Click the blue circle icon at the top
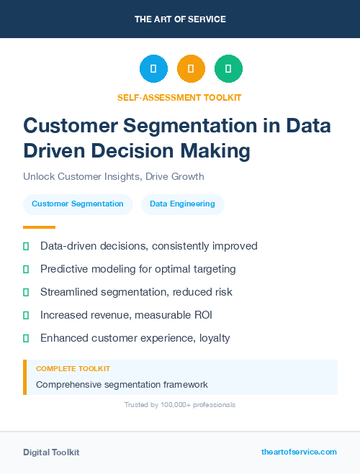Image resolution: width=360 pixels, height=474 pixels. [153, 69]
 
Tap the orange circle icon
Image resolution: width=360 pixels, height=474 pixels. [191, 69]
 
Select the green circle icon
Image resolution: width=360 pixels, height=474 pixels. [228, 69]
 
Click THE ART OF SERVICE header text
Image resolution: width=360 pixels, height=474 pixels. [180, 19]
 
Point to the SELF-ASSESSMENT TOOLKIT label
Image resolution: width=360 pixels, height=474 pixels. [179, 97]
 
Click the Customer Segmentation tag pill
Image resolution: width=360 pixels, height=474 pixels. [78, 204]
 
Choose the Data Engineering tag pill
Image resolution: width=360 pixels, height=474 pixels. [182, 204]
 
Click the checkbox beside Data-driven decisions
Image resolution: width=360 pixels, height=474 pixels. [26, 246]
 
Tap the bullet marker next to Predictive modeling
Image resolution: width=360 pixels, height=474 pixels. [26, 269]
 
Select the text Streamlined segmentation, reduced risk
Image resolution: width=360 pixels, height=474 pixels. [136, 292]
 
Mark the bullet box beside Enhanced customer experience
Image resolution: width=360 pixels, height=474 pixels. [26, 338]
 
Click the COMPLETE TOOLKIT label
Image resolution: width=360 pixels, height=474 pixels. [73, 368]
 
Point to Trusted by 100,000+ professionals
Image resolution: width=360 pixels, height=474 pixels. [179, 405]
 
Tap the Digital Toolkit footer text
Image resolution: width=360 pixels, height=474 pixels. [51, 452]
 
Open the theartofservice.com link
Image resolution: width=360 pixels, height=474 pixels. [299, 452]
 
